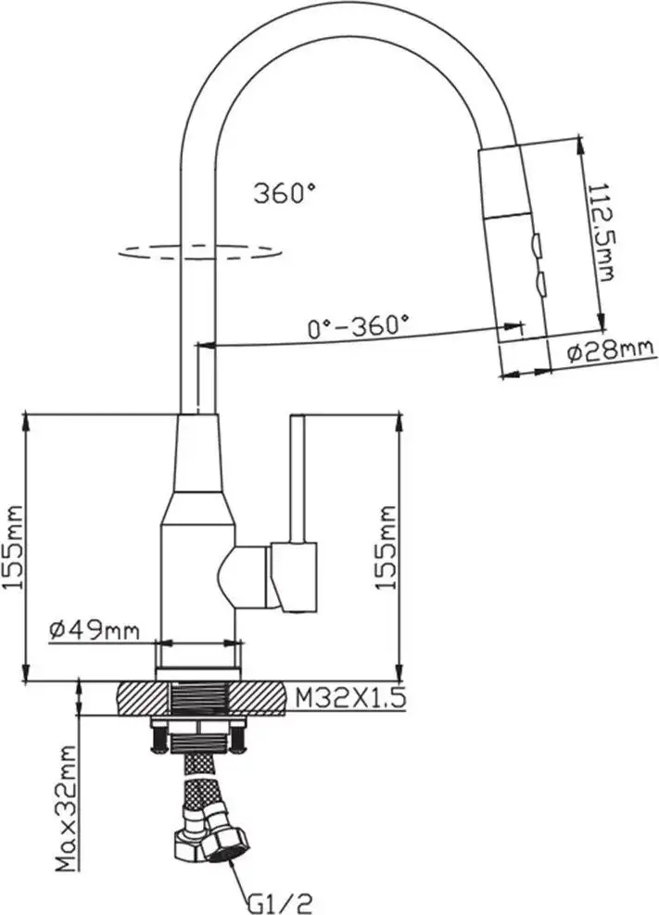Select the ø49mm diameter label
pyautogui.click(x=95, y=630)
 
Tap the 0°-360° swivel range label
pyautogui.click(x=358, y=325)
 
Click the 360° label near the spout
pyautogui.click(x=285, y=193)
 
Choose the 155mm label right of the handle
pyautogui.click(x=385, y=547)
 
